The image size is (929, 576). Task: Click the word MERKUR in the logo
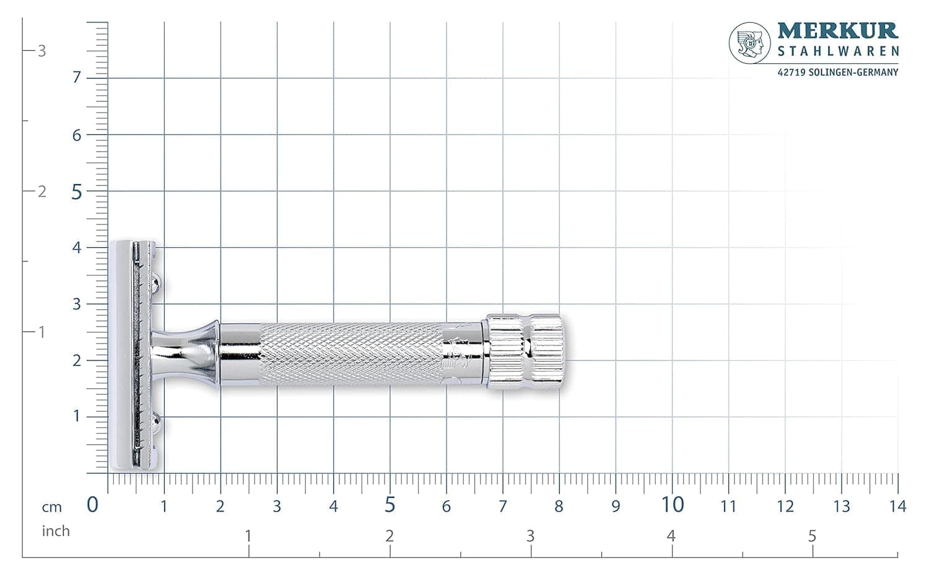tap(838, 31)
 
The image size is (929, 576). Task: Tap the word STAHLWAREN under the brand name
tap(838, 51)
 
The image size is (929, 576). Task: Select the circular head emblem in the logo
tap(749, 43)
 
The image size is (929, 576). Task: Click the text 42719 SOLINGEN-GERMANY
tap(838, 72)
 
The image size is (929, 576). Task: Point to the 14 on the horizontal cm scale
tap(898, 507)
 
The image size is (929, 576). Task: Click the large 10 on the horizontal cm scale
tap(672, 505)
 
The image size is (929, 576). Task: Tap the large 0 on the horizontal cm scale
tap(92, 505)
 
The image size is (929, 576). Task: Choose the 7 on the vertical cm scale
tap(77, 77)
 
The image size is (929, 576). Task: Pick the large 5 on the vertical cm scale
tap(77, 193)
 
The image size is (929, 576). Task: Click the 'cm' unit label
tap(51, 507)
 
